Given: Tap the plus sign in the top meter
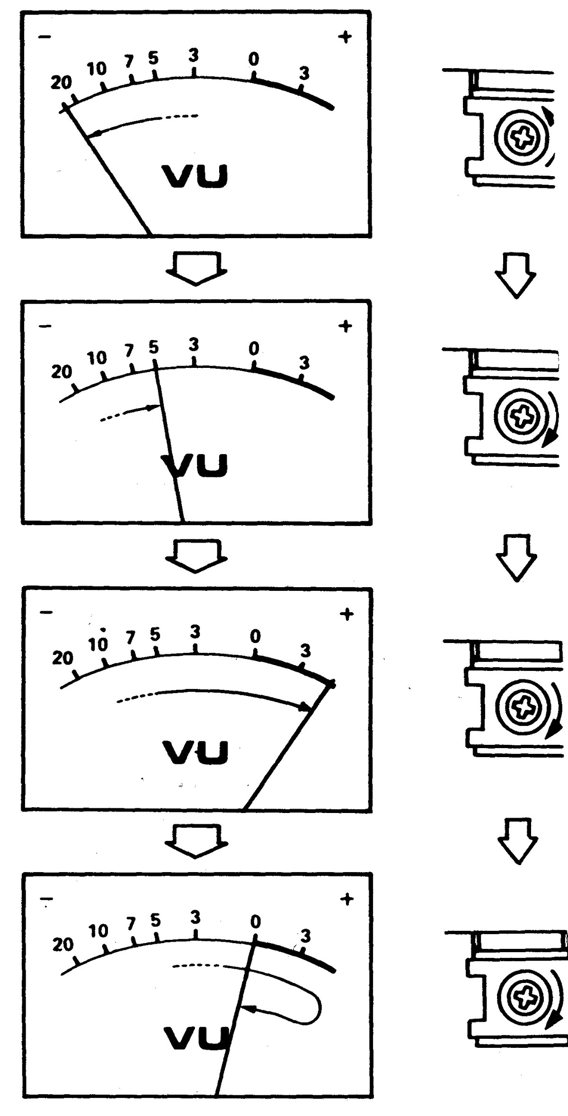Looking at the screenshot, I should (x=345, y=36).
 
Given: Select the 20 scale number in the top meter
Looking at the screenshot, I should (x=61, y=83).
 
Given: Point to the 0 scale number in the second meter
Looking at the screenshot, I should (x=254, y=349).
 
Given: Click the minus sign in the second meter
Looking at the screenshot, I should (x=45, y=326).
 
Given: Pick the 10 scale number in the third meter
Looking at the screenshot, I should (x=98, y=644).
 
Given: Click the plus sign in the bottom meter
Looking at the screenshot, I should (x=346, y=899).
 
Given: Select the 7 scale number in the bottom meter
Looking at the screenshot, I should (x=131, y=923).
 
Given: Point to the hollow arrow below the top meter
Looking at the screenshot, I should (x=196, y=268).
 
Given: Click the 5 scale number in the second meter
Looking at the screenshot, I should (x=153, y=347).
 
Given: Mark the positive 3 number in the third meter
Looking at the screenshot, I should (x=305, y=651).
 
